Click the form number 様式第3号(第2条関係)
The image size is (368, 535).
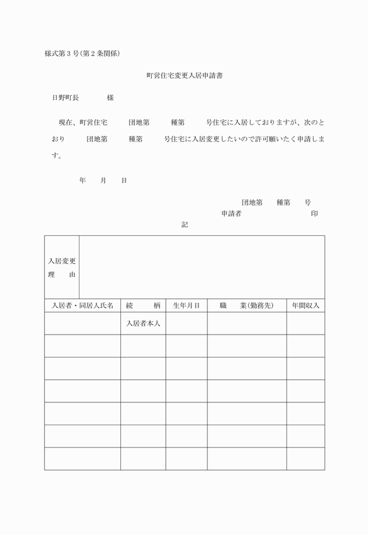coord(82,54)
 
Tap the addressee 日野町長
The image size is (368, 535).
coord(65,98)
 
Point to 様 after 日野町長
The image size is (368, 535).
coord(110,98)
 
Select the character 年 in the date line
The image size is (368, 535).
coord(82,181)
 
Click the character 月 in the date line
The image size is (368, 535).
coord(103,181)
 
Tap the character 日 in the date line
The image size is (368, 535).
coord(124,181)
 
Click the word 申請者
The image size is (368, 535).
coord(231,214)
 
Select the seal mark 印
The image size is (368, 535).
coord(314,214)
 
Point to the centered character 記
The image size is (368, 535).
coord(185,224)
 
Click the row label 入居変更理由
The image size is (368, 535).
coord(61,267)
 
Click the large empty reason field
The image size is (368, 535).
coord(202,267)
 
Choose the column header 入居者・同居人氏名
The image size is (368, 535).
coord(82,305)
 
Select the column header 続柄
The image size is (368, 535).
coord(143,305)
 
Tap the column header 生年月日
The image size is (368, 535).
coord(186,305)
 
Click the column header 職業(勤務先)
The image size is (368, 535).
coord(247,305)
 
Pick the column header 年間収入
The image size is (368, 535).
coord(305,305)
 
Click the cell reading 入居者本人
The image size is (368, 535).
coord(143,323)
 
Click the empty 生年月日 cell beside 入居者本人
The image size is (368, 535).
coord(186,323)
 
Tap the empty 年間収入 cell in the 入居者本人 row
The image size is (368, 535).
coord(305,323)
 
